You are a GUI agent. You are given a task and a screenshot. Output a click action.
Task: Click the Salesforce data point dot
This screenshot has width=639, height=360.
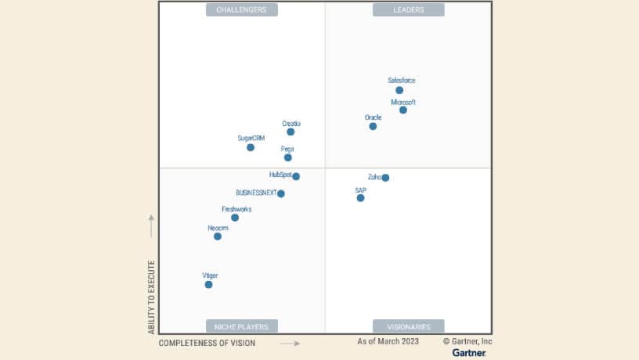399,90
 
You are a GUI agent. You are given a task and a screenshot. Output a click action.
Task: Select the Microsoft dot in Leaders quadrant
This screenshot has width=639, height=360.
403,110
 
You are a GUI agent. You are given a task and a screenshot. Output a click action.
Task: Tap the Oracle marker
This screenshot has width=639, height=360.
373,126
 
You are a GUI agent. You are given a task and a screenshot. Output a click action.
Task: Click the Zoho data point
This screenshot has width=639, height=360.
385,178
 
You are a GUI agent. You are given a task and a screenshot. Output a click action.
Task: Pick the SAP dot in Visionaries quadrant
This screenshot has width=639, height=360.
360,198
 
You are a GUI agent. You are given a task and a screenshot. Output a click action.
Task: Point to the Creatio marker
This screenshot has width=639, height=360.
291,131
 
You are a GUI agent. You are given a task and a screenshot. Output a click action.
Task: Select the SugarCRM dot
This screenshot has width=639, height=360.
251,147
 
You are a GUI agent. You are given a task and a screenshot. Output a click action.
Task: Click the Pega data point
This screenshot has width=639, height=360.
288,157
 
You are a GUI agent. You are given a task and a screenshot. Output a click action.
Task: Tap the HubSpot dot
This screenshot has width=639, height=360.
296,176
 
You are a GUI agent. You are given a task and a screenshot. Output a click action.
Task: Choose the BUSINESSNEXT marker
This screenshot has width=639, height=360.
281,193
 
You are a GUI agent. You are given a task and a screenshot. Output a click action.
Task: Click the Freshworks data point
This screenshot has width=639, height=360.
235,218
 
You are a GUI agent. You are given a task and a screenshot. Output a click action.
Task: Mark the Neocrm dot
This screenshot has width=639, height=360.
218,236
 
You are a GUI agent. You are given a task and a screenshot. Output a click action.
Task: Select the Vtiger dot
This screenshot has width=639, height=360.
209,284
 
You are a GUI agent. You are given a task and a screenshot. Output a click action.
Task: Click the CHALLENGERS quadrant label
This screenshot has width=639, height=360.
242,10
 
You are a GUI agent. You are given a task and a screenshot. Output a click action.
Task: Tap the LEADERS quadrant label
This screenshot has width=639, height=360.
408,10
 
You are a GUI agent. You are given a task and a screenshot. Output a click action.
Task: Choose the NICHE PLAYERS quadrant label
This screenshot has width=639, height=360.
242,326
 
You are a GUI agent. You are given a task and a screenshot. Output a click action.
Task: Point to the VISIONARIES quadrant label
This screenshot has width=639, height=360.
408,326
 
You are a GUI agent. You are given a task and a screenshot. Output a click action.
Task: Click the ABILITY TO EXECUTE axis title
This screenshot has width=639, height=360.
152,298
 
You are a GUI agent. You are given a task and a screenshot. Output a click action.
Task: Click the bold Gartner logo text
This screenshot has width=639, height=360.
469,353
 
